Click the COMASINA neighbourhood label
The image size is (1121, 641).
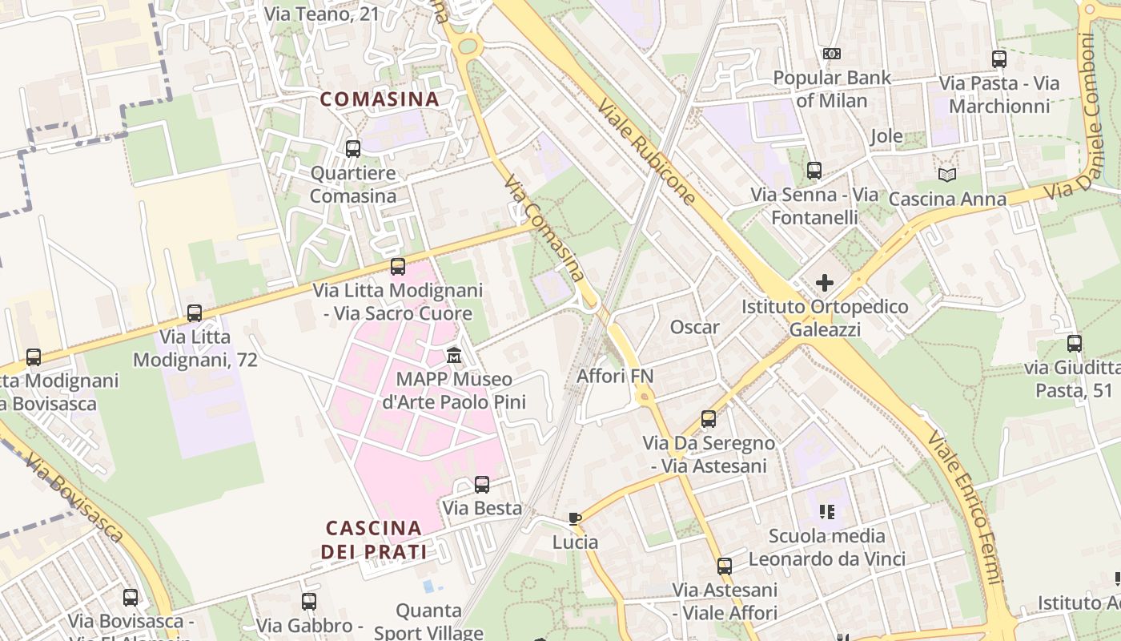380,99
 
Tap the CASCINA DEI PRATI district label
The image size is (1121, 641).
374,539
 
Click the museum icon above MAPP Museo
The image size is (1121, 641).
454,354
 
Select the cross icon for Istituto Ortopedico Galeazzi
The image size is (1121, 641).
825,283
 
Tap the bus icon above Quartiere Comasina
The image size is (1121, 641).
353,148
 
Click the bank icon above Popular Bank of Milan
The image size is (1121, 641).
832,54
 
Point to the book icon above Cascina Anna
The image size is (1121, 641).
947,175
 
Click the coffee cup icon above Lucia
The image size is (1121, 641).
574,518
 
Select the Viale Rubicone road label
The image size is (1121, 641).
647,152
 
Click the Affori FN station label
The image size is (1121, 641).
615,376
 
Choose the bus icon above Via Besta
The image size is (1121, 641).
482,484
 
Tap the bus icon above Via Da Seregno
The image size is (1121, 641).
709,418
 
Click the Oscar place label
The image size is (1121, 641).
694,327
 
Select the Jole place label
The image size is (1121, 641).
886,136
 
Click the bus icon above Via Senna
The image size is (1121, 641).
814,171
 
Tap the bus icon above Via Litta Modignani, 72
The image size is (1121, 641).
195,313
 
